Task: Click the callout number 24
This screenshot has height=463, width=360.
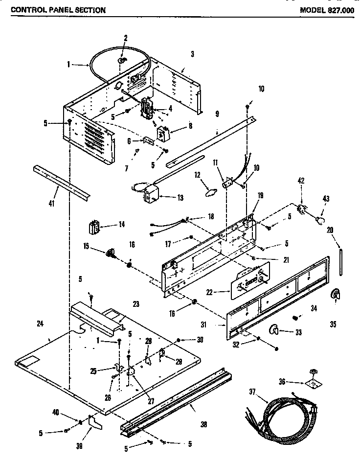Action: [x=40, y=323]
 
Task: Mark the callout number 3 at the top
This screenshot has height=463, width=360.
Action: [x=192, y=54]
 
